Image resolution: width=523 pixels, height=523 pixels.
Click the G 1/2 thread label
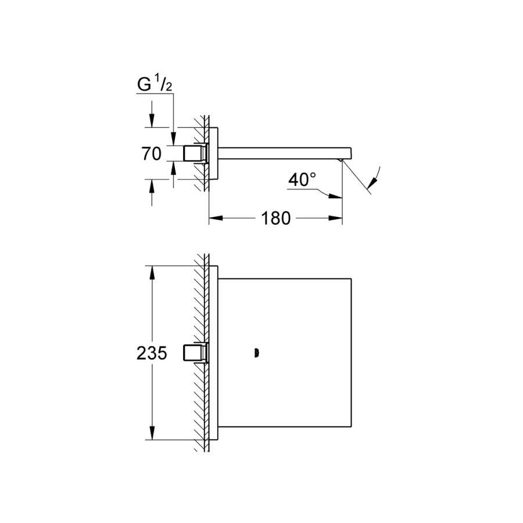pyautogui.click(x=155, y=84)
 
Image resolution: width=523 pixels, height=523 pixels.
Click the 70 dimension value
pyautogui.click(x=152, y=154)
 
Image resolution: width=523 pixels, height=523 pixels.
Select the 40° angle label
pyautogui.click(x=302, y=180)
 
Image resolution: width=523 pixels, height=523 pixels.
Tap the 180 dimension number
pyautogui.click(x=276, y=218)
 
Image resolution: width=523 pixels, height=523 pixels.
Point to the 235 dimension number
pyautogui.click(x=152, y=353)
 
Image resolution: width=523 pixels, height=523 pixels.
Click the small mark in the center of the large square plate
pyautogui.click(x=256, y=353)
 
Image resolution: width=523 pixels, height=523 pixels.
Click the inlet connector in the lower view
pyautogui.click(x=196, y=353)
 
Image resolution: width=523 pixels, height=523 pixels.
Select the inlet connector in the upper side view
pyautogui.click(x=196, y=154)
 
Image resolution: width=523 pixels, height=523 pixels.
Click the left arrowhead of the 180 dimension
pyautogui.click(x=216, y=218)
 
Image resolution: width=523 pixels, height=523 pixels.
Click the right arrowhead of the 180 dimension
pyautogui.click(x=335, y=218)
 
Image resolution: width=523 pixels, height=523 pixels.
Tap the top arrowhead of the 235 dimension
pyautogui.click(x=152, y=273)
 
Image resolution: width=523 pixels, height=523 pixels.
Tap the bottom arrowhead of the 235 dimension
pyautogui.click(x=152, y=433)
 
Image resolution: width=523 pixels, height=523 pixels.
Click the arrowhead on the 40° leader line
pyautogui.click(x=335, y=196)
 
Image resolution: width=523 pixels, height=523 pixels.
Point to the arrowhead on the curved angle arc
pyautogui.click(x=373, y=182)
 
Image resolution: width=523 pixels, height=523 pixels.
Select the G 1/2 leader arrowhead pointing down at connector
pyautogui.click(x=173, y=138)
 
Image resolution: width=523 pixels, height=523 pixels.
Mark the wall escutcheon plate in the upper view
pyautogui.click(x=213, y=153)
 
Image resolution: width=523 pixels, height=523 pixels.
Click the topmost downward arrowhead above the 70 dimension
pyautogui.click(x=152, y=121)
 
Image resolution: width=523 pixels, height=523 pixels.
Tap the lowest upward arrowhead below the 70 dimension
pyautogui.click(x=152, y=186)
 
